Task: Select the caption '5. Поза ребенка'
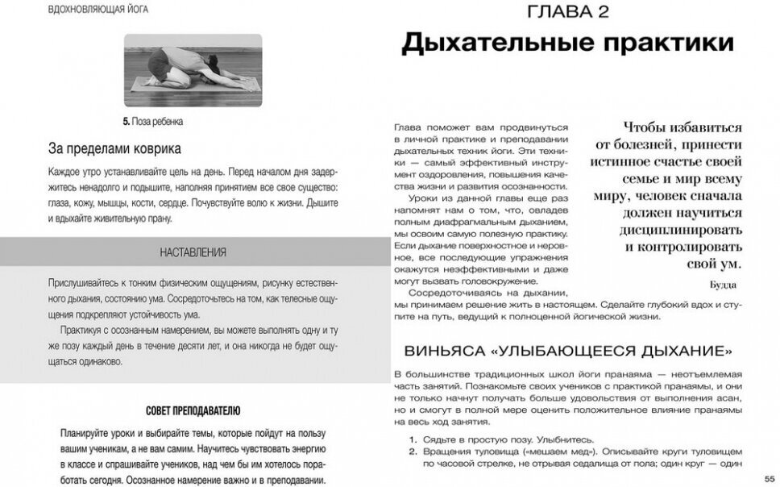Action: click(x=153, y=122)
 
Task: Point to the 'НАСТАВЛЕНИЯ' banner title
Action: click(x=193, y=252)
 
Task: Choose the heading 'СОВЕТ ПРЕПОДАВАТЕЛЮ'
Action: click(x=193, y=410)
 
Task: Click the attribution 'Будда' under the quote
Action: click(x=723, y=285)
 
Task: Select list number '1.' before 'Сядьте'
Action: click(x=412, y=439)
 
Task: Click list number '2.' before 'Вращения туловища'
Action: click(x=412, y=452)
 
